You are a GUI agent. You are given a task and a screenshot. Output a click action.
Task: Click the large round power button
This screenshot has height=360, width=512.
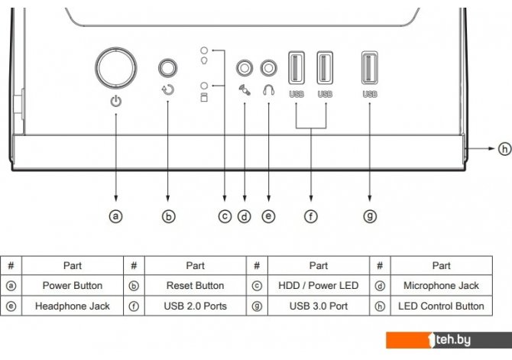pos(116,68)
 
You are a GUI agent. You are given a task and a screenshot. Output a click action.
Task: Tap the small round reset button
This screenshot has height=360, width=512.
pos(168,68)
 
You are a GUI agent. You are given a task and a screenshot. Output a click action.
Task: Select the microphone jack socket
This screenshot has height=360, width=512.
pos(245,68)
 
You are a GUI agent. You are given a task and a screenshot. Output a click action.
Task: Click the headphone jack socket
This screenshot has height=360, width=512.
pos(269,68)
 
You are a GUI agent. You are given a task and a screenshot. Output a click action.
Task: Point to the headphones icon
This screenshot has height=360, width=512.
pos(269,90)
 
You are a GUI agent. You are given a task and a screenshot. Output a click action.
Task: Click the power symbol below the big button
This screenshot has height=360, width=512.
pos(116,101)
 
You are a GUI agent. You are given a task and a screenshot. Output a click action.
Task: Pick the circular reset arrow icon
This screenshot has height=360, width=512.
pos(168,90)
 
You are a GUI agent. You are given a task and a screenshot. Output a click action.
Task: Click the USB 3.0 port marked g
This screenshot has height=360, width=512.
pos(370,67)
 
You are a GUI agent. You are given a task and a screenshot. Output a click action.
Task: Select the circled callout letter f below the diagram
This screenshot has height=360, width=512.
pos(311,216)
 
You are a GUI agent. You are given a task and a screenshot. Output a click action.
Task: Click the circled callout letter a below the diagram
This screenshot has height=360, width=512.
pos(116,216)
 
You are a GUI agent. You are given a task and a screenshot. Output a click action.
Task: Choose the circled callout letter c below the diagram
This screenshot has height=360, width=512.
pos(225,216)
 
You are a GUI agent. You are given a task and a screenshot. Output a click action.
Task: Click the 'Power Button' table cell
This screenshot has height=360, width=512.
pos(73,286)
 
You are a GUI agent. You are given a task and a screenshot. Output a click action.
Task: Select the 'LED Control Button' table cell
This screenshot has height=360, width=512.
pos(441,306)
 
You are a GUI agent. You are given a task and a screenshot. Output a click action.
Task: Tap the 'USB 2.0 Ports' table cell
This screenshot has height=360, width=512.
pos(196,306)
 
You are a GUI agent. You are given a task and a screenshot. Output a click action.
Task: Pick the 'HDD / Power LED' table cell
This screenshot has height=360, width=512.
pos(319,286)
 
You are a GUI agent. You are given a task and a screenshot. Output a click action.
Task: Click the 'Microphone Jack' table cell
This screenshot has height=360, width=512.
pos(441,286)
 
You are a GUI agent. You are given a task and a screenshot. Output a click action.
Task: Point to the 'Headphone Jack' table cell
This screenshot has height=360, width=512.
pos(73,306)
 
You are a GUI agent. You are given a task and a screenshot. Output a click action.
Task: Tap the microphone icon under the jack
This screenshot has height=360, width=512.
pos(245,90)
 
